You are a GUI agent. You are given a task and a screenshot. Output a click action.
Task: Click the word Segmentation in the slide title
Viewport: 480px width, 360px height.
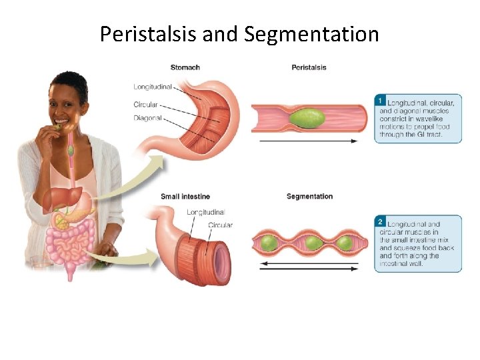coord(311,34)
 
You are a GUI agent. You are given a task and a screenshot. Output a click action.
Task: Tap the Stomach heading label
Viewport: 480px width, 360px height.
coord(185,67)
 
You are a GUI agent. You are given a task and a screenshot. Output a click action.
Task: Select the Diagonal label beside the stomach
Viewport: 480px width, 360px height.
coord(147,118)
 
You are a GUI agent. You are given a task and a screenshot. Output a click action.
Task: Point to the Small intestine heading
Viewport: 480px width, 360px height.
coord(185,196)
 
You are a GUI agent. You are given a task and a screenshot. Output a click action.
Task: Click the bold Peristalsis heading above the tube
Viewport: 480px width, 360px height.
coord(309,67)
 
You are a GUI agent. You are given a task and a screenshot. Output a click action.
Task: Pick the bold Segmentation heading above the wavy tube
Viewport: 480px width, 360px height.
coord(309,196)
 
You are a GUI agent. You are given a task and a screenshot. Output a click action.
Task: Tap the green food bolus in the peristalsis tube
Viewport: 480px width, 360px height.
coord(308,119)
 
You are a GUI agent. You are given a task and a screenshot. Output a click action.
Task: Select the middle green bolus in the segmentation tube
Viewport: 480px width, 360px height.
coord(311,243)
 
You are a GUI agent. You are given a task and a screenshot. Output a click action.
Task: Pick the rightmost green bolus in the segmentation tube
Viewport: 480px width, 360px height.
coord(345,243)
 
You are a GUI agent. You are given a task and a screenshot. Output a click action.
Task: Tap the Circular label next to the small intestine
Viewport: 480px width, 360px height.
coord(220,225)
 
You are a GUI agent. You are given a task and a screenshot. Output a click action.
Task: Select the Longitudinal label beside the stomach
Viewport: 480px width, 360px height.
coord(153,87)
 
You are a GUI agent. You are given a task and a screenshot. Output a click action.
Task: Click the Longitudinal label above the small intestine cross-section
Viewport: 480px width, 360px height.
coord(206,212)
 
